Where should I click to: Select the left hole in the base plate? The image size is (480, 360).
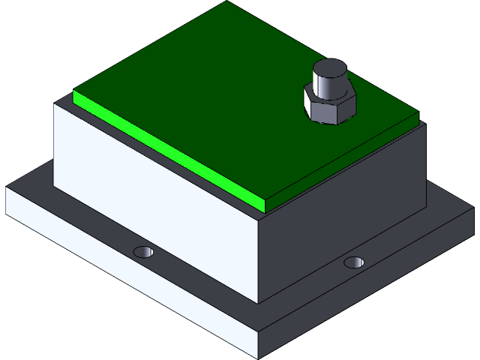(142, 250)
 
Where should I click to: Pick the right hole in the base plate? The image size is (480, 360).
(354, 262)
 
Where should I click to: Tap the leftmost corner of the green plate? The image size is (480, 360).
(73, 92)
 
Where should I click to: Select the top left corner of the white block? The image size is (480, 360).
(54, 105)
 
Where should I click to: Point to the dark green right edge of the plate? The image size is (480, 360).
(345, 162)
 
